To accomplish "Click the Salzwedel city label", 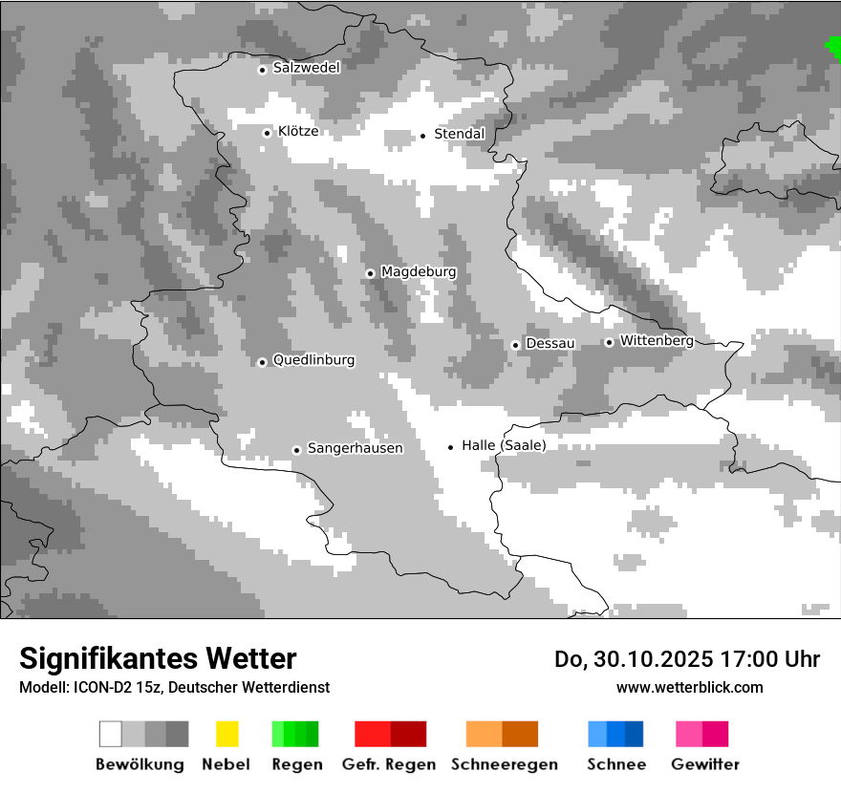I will tap(306, 68).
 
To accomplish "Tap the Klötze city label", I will tap(298, 132).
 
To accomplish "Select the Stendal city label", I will tap(460, 134).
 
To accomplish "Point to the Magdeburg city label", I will tap(419, 272).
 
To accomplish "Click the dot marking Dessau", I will tap(515, 345).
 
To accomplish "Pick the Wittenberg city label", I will tap(657, 341).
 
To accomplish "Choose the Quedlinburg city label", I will tap(313, 360).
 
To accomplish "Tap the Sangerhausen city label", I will tap(355, 448).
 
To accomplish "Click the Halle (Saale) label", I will tap(504, 445).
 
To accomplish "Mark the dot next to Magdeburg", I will tap(370, 273).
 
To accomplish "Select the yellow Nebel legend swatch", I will tap(226, 734).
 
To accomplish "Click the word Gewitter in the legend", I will tap(705, 764).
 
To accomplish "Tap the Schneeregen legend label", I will tap(505, 764).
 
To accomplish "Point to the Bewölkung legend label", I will tap(140, 764).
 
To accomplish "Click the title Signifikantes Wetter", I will tap(158, 658).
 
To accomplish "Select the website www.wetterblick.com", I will tap(690, 687).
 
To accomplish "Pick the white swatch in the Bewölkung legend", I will tap(111, 734).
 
